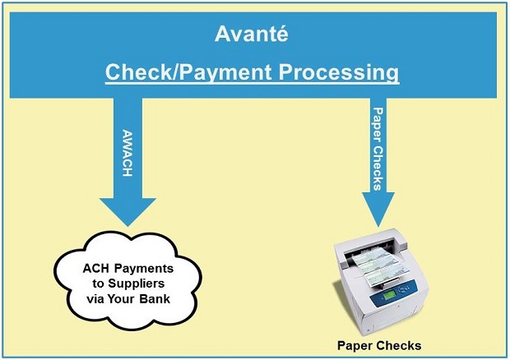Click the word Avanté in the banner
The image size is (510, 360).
point(252,34)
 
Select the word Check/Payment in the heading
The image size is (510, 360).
point(188,72)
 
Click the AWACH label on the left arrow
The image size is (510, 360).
point(128,153)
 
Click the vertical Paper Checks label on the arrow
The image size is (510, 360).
point(378,149)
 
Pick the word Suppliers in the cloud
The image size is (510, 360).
point(137,284)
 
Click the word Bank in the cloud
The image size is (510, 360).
point(155,298)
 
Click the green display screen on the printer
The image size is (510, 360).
point(389,295)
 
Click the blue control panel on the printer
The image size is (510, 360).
point(395,293)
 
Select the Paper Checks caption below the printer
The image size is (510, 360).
point(379,346)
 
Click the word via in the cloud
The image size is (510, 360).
point(95,298)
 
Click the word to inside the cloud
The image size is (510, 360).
point(98,284)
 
